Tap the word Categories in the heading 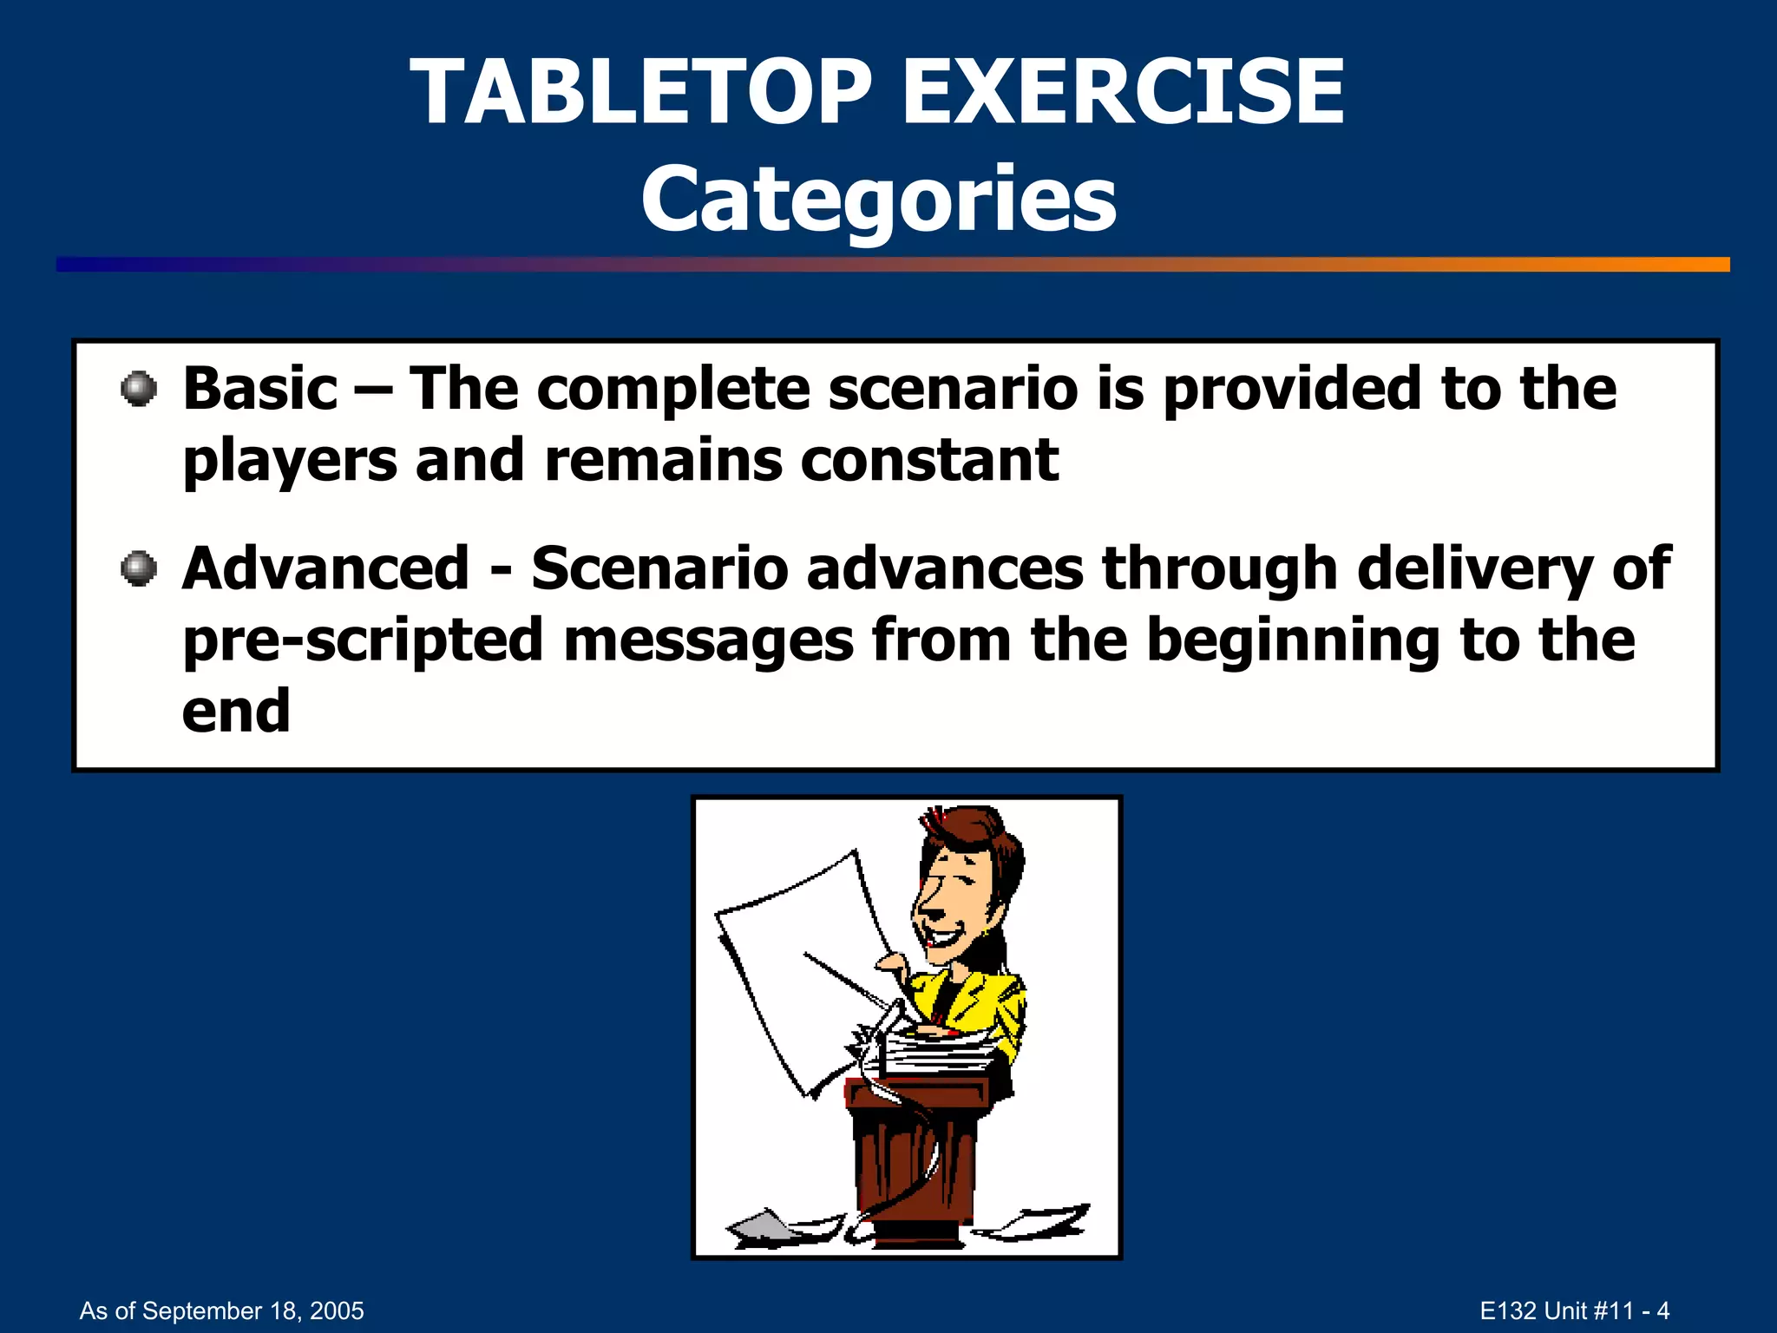point(878,200)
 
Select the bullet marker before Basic point(139,389)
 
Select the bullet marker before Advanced point(139,569)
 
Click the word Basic point(259,389)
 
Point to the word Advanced point(325,569)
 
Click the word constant point(928,460)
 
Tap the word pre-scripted point(363,640)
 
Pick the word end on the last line point(235,712)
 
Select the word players point(290,460)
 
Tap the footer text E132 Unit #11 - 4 point(1574,1310)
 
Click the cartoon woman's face point(954,903)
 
